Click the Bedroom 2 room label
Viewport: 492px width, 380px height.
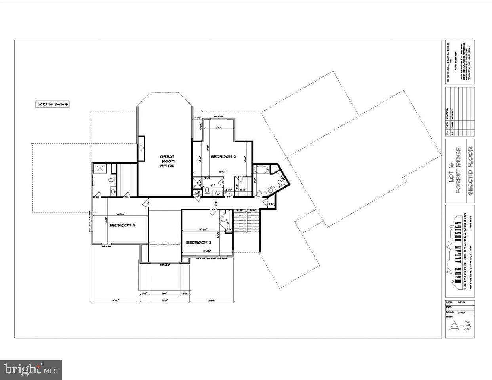tap(223, 157)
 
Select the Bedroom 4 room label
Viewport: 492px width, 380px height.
tap(122, 225)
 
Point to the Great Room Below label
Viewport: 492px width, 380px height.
tap(167, 161)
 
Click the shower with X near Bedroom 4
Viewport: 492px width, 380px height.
tap(101, 168)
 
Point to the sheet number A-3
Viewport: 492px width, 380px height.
tap(460, 326)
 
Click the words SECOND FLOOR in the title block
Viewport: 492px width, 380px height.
tap(471, 171)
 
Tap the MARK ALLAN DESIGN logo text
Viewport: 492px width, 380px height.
tap(458, 251)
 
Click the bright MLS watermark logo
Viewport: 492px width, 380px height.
tap(31, 370)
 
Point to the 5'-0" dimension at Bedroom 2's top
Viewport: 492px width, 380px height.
tap(218, 128)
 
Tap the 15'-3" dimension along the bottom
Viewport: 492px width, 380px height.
tap(164, 300)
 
